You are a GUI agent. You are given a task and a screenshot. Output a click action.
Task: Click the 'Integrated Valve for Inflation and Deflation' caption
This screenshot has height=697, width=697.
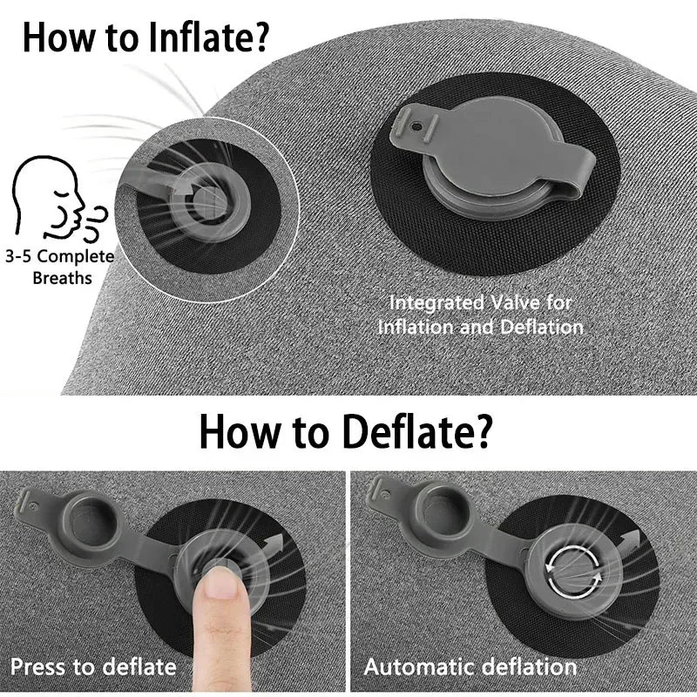[x=480, y=315]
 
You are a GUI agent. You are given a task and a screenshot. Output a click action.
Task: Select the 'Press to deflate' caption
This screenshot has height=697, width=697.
[x=93, y=667]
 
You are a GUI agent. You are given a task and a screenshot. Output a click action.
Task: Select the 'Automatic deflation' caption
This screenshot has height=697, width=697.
[x=470, y=667]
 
